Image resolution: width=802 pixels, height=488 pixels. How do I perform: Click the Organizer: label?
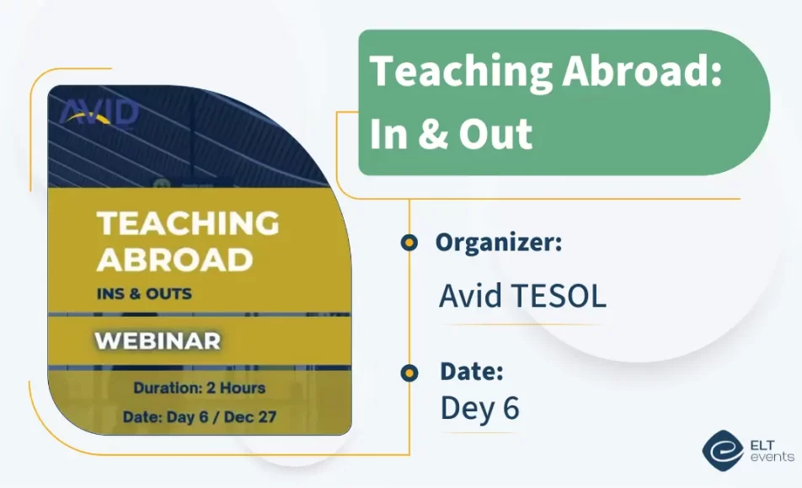point(499,243)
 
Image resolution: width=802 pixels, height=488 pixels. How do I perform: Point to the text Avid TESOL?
point(522,297)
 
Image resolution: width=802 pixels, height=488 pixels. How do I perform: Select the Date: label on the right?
point(472,371)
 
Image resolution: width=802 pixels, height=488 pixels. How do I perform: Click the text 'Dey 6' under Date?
point(479,409)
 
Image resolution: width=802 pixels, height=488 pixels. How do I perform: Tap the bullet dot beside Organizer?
point(409,244)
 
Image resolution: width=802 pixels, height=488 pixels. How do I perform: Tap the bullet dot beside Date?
point(409,373)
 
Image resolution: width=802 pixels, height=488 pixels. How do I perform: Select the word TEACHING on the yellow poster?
point(188,223)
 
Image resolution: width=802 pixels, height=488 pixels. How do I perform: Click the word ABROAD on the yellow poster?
point(174,259)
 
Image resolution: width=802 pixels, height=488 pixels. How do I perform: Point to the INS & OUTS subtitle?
point(144,294)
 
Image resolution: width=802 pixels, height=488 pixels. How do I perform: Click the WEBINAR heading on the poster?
point(158,341)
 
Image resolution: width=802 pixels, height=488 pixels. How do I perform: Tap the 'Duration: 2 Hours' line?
point(199,389)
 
